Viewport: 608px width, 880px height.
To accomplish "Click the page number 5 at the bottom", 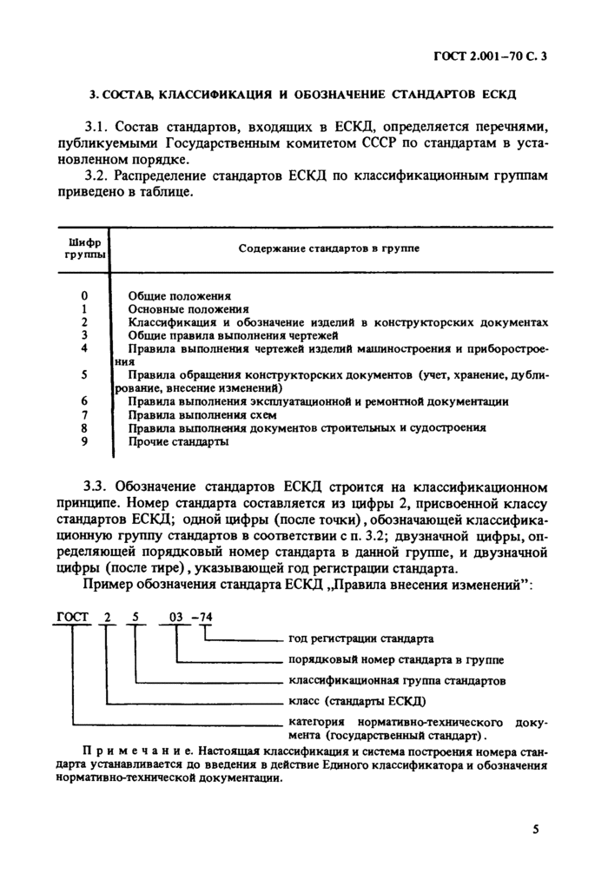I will (x=536, y=829).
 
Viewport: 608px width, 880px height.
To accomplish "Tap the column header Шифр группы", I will (x=84, y=248).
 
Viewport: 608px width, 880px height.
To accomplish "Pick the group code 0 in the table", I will (x=84, y=295).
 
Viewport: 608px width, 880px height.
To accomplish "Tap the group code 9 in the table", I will (x=84, y=441).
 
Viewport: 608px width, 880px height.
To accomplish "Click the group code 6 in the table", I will (x=84, y=401).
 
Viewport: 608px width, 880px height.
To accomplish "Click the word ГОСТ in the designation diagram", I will (x=73, y=618).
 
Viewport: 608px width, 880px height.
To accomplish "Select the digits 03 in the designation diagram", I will (x=176, y=618).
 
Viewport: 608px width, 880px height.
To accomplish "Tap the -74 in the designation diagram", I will (x=203, y=618).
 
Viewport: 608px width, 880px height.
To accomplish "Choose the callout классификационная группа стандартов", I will (x=396, y=680).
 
